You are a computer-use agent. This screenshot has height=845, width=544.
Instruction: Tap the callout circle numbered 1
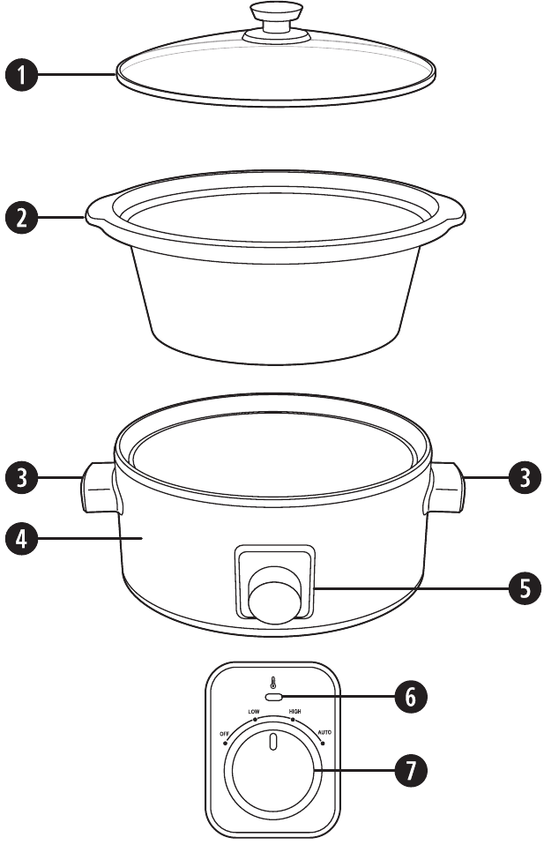point(21,75)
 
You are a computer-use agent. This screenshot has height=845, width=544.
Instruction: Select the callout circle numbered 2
point(21,218)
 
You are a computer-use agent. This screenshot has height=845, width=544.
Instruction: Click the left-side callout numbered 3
point(21,477)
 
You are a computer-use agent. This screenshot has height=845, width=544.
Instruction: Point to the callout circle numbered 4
point(21,538)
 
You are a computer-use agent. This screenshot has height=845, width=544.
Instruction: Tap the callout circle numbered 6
point(411,696)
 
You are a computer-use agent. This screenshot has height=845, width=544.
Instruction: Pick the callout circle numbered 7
point(411,770)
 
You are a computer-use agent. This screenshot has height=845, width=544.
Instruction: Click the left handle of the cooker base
point(99,487)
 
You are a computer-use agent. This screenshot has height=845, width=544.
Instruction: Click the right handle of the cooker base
point(446,487)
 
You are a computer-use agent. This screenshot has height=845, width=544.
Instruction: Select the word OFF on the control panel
point(224,734)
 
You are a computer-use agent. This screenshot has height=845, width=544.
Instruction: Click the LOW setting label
point(254,712)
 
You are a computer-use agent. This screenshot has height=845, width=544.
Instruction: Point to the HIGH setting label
point(295,711)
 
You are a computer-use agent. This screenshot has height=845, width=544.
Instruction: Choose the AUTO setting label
point(324,732)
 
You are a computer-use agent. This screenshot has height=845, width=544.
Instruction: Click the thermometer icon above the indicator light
point(273,684)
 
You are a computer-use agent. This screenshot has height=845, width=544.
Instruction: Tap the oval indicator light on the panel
point(274,698)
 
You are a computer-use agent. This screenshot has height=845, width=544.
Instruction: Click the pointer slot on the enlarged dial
point(273,742)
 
